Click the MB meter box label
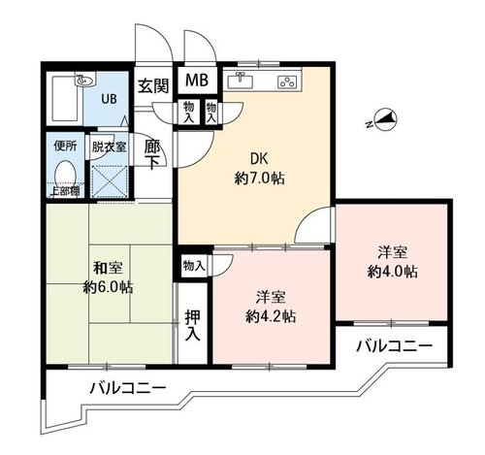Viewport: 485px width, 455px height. pos(197,80)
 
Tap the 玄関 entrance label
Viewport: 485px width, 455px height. pos(153,86)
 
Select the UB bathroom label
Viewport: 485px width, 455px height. pos(109,99)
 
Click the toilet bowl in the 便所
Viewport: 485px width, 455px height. pos(66,173)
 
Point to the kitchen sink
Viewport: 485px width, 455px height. pos(241,81)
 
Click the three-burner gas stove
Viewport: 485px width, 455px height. pos(287,81)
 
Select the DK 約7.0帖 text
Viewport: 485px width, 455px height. pos(260,168)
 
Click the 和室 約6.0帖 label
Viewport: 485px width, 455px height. pos(108,277)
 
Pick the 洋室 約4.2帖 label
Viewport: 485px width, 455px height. pos(271,307)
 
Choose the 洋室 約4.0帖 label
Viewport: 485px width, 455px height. pos(392,262)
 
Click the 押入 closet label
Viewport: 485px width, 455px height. pos(193,326)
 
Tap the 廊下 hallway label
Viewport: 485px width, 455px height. pos(152,154)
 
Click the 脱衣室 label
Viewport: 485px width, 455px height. pos(109,147)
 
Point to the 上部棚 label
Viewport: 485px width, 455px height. pos(66,191)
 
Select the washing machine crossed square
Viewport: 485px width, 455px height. pos(109,181)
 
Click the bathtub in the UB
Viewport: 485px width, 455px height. pos(65,99)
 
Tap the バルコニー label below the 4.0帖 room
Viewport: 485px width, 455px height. pos(394,346)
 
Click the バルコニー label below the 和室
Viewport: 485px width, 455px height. pos(128,387)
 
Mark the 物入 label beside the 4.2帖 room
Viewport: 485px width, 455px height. pos(194,266)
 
